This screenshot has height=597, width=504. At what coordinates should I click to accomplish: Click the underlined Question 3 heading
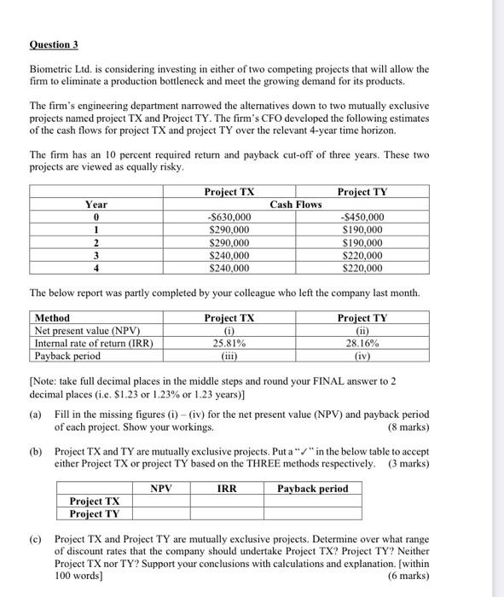click(x=54, y=44)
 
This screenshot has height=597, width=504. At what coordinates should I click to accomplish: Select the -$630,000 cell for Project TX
click(x=229, y=217)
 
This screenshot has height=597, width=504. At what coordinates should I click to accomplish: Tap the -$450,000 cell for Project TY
click(x=362, y=217)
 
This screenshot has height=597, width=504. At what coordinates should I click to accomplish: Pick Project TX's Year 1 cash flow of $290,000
click(x=229, y=230)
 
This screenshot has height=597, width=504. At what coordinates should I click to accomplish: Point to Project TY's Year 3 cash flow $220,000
click(x=362, y=255)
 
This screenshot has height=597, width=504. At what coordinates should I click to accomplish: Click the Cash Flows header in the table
click(x=296, y=205)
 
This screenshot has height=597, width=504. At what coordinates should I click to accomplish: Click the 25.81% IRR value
click(x=229, y=344)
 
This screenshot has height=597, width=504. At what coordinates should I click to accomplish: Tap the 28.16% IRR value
click(x=362, y=344)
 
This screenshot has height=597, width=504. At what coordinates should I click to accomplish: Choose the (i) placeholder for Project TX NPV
click(x=229, y=331)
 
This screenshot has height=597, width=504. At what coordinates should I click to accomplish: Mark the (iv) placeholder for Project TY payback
click(x=362, y=356)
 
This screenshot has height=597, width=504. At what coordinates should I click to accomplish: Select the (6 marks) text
click(x=408, y=577)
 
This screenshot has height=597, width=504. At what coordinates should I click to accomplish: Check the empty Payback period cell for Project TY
click(x=312, y=514)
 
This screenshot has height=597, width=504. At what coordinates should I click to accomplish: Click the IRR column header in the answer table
click(x=227, y=489)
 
